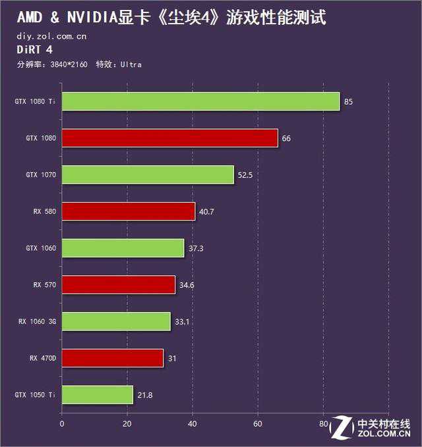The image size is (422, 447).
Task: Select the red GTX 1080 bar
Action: tap(169, 138)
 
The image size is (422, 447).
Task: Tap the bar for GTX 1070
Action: tap(148, 175)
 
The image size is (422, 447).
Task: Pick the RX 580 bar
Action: tap(128, 211)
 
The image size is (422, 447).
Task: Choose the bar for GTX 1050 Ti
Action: tap(97, 395)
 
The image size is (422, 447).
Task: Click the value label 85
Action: tap(349, 102)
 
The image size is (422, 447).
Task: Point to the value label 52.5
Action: tap(245, 175)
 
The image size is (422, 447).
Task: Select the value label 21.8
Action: tap(144, 395)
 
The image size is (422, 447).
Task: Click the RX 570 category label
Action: tap(45, 285)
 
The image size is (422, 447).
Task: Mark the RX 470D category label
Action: tap(43, 358)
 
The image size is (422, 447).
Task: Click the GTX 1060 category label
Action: tap(41, 248)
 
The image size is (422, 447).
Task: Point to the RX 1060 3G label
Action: tap(37, 322)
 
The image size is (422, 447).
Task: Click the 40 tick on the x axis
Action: tap(193, 424)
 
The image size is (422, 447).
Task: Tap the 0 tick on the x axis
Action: tap(61, 424)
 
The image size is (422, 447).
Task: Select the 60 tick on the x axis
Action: tap(258, 424)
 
